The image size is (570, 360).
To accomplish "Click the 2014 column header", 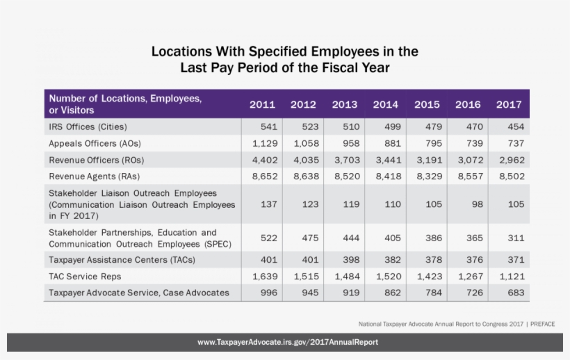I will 385,105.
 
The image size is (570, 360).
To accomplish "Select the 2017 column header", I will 509,105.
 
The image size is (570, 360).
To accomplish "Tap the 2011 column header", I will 262,105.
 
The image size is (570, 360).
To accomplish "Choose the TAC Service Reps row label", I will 85,277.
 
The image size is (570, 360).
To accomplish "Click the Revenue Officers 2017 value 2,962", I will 510,161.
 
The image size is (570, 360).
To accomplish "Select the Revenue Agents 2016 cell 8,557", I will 469,177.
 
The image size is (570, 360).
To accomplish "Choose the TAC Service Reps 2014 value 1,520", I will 386,277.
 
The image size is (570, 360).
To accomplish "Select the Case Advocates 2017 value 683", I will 515,293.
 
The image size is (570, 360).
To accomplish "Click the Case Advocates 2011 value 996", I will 268,293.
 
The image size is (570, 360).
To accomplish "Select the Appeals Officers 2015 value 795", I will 432,144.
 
